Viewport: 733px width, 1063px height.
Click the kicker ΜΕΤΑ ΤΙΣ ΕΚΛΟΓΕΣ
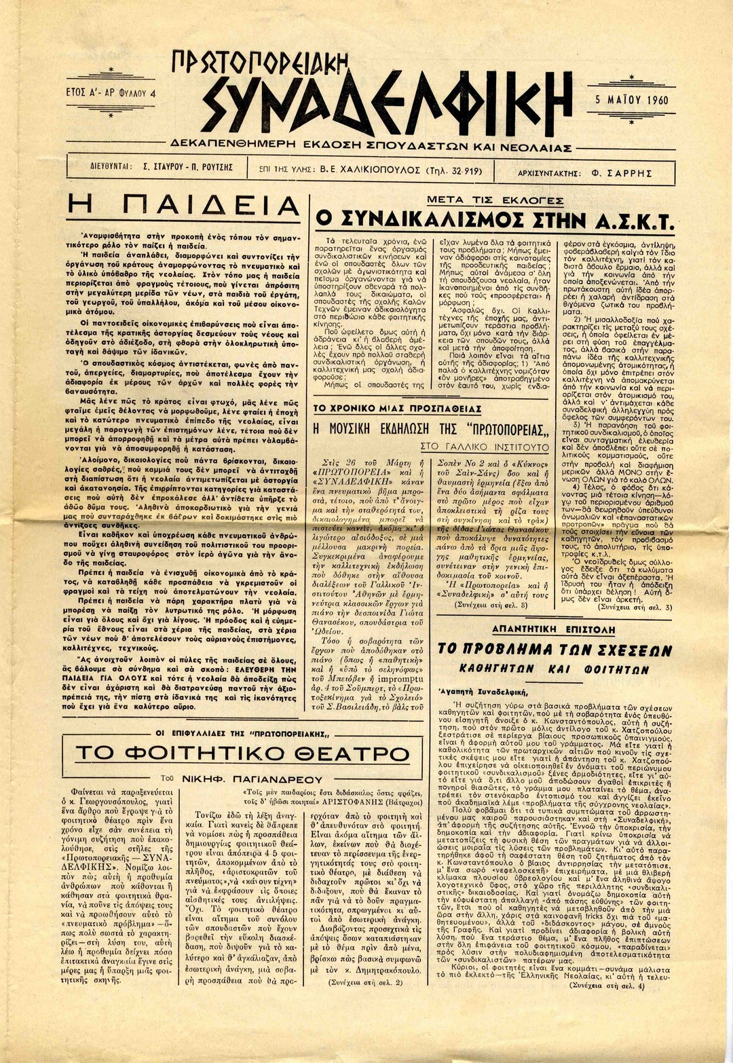tap(495, 200)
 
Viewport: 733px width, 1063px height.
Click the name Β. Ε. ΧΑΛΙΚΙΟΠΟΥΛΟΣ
tap(369, 171)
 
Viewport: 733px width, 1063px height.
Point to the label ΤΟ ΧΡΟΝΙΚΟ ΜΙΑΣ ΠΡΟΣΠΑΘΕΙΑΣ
tap(396, 409)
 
